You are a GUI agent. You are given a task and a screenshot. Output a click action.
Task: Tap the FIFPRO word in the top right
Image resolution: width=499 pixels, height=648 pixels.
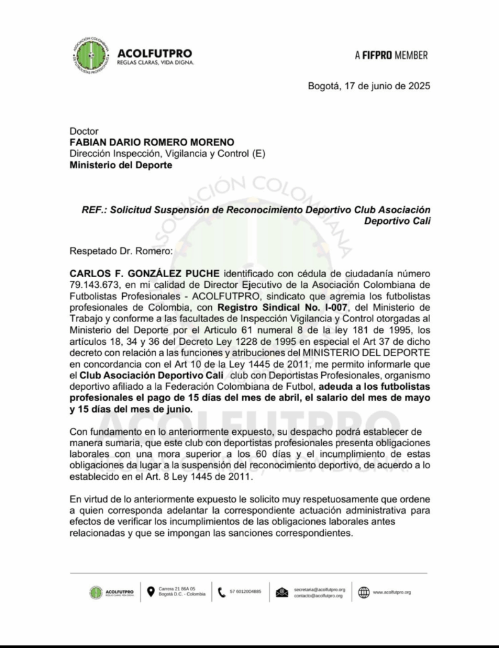(x=377, y=55)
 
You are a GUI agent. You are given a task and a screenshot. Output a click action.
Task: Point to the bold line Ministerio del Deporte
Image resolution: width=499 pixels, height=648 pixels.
(x=120, y=165)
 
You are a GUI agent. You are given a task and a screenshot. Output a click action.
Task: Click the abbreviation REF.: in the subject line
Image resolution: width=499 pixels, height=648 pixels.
(x=93, y=209)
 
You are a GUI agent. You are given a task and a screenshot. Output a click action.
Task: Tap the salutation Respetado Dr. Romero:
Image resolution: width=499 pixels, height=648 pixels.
(x=121, y=251)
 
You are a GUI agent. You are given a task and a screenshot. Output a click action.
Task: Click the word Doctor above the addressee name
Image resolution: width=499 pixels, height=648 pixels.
(x=84, y=131)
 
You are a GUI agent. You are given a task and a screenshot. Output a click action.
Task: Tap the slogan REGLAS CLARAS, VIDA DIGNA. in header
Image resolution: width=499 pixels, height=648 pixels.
(x=156, y=63)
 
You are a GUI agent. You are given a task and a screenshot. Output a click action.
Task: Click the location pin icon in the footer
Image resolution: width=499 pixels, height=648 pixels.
(x=151, y=592)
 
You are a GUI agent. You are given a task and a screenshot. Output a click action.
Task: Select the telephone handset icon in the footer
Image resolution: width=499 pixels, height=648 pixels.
(x=221, y=592)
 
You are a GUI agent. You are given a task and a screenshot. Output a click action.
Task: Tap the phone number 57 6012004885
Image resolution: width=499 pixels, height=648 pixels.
(x=245, y=592)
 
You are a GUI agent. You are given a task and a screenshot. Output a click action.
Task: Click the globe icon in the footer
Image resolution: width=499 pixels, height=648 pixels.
(x=364, y=592)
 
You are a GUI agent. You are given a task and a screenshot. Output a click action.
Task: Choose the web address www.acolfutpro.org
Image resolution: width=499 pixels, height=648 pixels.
(x=391, y=592)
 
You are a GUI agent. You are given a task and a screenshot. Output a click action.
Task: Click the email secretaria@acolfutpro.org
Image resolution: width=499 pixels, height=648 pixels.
(x=319, y=589)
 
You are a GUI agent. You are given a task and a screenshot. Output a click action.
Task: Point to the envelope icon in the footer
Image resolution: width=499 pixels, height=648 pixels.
(x=282, y=592)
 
